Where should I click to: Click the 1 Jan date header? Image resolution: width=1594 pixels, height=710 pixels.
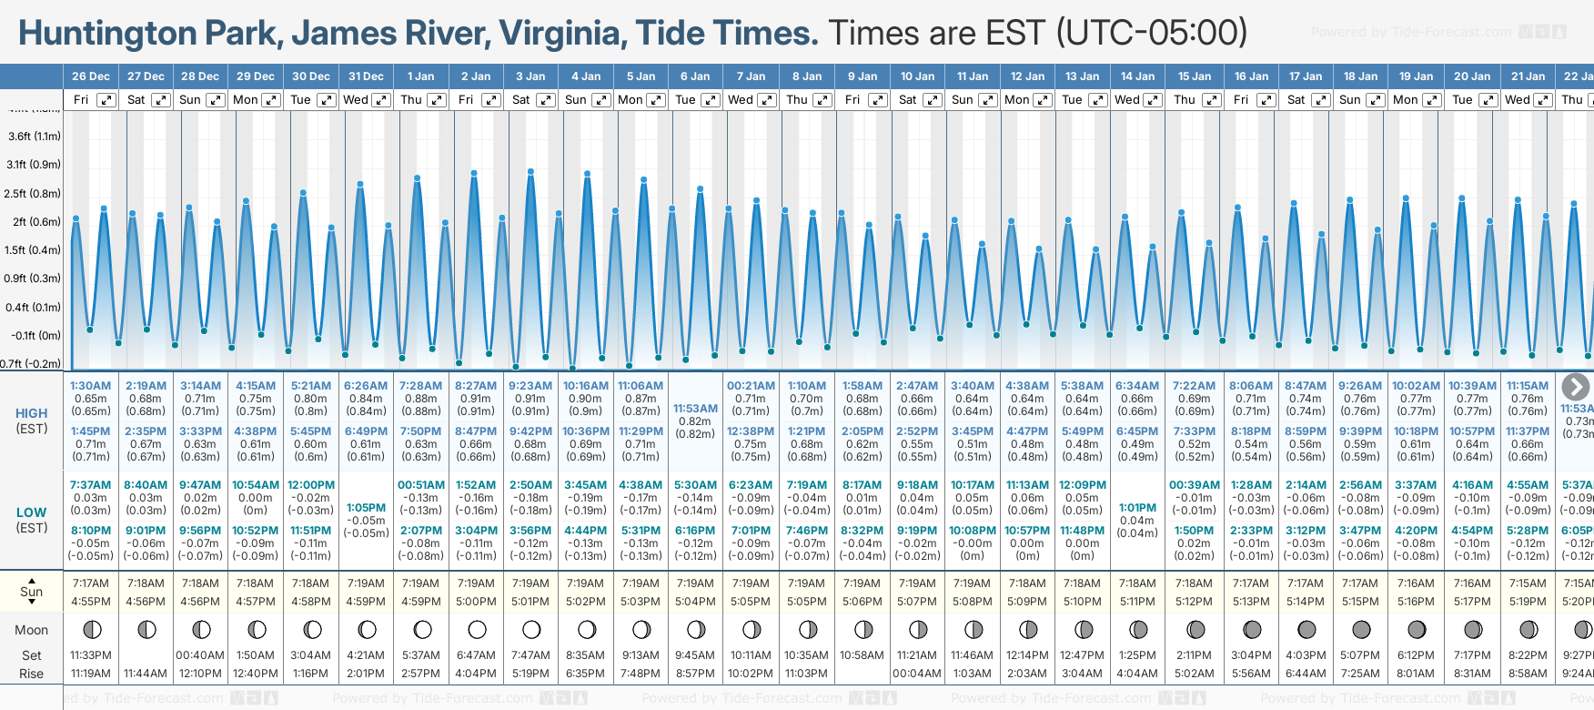pyautogui.click(x=420, y=76)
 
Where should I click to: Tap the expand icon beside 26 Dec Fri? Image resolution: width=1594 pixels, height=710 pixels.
pyautogui.click(x=106, y=100)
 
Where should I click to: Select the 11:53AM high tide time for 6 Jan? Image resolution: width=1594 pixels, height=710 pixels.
pyautogui.click(x=695, y=409)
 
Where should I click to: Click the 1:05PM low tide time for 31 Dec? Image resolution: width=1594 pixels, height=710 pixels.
pyautogui.click(x=366, y=508)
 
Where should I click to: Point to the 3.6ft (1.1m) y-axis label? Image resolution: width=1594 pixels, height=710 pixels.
pyautogui.click(x=34, y=137)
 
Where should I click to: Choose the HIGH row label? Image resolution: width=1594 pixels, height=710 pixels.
pyautogui.click(x=32, y=413)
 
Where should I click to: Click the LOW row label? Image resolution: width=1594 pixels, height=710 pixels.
pyautogui.click(x=32, y=512)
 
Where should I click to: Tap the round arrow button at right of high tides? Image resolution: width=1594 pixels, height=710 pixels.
pyautogui.click(x=1575, y=387)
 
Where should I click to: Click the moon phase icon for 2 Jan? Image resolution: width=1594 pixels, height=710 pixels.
pyautogui.click(x=477, y=630)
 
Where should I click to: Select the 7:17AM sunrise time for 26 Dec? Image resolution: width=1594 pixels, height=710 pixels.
pyautogui.click(x=90, y=583)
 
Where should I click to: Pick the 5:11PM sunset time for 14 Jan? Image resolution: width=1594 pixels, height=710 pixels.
pyautogui.click(x=1137, y=602)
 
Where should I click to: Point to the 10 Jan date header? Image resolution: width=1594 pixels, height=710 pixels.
pyautogui.click(x=917, y=76)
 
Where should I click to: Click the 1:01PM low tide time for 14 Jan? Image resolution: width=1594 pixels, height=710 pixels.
pyautogui.click(x=1137, y=508)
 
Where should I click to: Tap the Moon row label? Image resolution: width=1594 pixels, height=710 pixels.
pyautogui.click(x=32, y=630)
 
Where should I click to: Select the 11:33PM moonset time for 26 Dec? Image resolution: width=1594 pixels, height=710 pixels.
pyautogui.click(x=90, y=655)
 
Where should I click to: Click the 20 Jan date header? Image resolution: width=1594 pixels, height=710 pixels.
pyautogui.click(x=1472, y=76)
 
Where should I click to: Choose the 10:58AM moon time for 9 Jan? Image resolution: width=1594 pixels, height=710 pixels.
pyautogui.click(x=862, y=655)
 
